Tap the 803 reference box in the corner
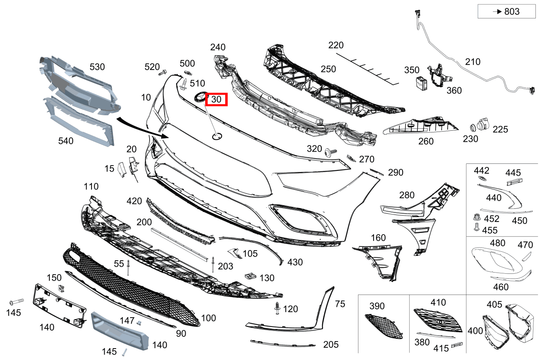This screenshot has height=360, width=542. pos(506,11)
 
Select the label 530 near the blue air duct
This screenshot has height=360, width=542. pos(97,67)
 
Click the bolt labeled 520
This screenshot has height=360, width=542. pos(162,73)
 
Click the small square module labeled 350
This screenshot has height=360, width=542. pos(421,83)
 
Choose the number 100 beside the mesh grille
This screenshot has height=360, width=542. pos(208,318)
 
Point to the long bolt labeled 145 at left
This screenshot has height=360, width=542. pos(16,303)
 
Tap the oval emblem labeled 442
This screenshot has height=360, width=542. pos(482,180)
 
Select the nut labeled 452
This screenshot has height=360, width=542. pos(476,217)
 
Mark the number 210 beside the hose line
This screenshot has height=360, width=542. pos(473,62)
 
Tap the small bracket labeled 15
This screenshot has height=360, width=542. pos(121,169)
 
